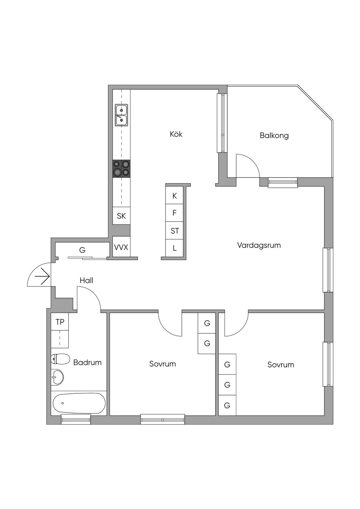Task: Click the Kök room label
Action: tap(176, 134)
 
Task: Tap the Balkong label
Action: tap(274, 135)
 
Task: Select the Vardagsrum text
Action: tap(259, 245)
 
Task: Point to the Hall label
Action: tap(86, 281)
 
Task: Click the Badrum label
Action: tap(87, 362)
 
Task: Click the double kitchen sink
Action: tap(121, 115)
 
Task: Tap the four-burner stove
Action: tap(121, 168)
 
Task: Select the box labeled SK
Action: tap(121, 216)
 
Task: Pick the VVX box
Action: tap(121, 247)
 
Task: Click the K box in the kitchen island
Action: tap(174, 196)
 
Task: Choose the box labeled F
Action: tap(174, 213)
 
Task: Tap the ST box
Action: tap(174, 231)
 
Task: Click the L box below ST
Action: tap(174, 248)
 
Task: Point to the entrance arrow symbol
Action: tap(43, 276)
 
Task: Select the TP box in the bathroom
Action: tap(60, 322)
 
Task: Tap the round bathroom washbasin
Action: tap(57, 378)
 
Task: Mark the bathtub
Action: tap(79, 403)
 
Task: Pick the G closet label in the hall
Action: tap(82, 250)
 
